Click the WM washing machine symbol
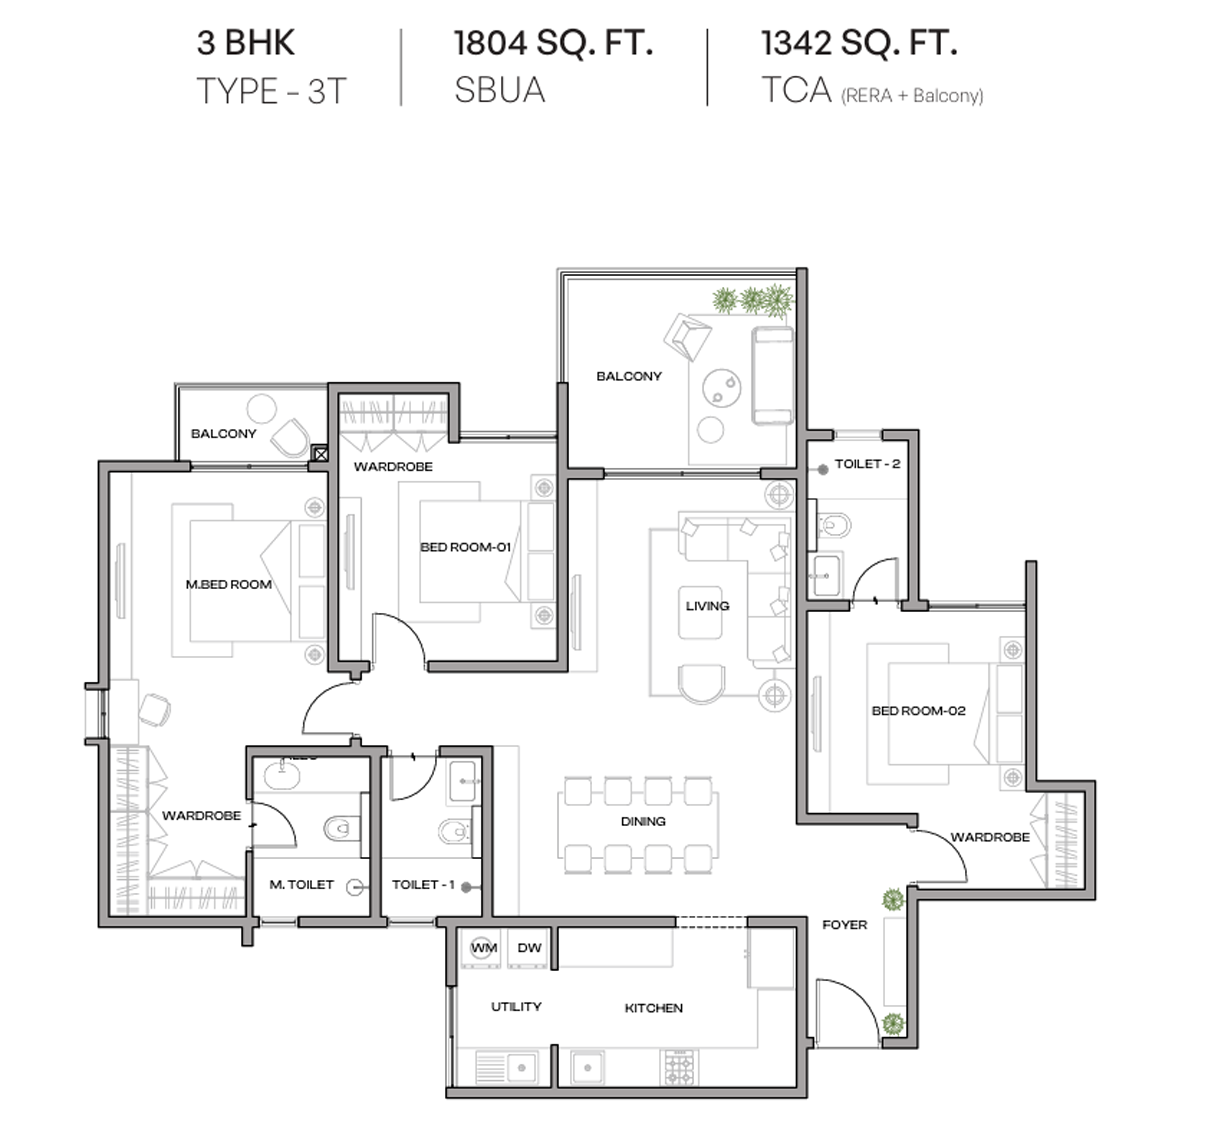[483, 948]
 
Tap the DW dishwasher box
[529, 948]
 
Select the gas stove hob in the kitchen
[679, 1068]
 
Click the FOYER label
[845, 925]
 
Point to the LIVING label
[707, 606]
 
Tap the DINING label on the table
[643, 821]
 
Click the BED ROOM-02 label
[918, 711]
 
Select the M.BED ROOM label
[228, 584]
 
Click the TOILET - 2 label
[867, 464]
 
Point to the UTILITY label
[516, 1006]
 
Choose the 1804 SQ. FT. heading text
[553, 43]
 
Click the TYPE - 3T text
[272, 91]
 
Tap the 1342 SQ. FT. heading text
[859, 43]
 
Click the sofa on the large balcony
[772, 375]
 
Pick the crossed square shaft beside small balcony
[320, 454]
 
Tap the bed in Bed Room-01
[470, 551]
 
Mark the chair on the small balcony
[291, 437]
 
